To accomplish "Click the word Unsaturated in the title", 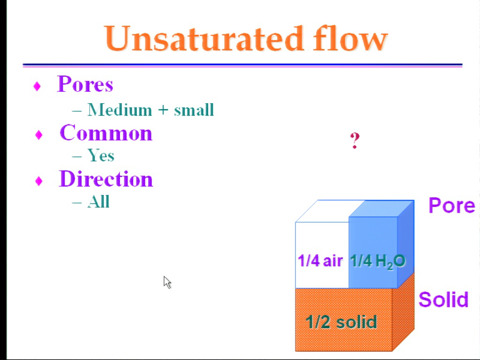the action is click(204, 38).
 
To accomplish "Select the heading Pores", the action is click(85, 83).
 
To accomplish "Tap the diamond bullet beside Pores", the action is click(37, 86).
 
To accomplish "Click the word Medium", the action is click(120, 110).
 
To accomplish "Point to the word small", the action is click(194, 110).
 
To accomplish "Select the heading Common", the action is click(106, 133).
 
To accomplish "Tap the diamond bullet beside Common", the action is click(38, 135).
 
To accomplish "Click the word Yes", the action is click(101, 155).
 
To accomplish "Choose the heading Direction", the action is click(106, 179).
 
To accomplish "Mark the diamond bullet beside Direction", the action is click(38, 181).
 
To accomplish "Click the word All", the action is click(98, 202).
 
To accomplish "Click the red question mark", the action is click(354, 141).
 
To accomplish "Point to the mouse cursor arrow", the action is click(167, 282).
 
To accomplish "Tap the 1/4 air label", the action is click(320, 261).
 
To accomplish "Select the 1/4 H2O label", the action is click(377, 262).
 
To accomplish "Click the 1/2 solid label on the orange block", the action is click(341, 322).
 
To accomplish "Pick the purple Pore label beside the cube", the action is click(452, 205).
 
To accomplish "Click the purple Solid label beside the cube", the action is click(443, 300).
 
